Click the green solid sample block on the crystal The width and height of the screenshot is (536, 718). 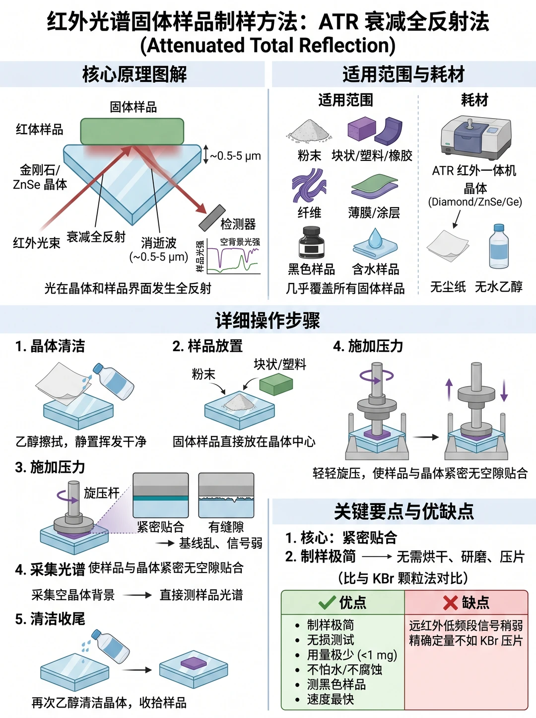[x=132, y=132]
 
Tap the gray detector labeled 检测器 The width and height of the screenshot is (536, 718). [x=212, y=218]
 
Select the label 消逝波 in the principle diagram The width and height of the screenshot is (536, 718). [x=159, y=243]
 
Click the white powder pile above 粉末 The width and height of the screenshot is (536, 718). [x=309, y=131]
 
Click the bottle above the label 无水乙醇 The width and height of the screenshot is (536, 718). [x=499, y=247]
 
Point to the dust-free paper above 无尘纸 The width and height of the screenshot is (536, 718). [x=448, y=245]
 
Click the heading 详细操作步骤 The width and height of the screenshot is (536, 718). [x=268, y=320]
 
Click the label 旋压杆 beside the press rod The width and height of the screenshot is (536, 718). [x=101, y=493]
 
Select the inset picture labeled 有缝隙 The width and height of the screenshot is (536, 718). [x=226, y=495]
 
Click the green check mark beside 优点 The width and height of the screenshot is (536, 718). [x=327, y=602]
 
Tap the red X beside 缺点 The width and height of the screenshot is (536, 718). [x=450, y=602]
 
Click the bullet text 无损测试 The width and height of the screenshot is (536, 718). [x=331, y=640]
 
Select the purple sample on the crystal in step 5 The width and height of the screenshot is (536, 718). [x=194, y=663]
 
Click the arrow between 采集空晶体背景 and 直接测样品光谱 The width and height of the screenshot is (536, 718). [x=137, y=595]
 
